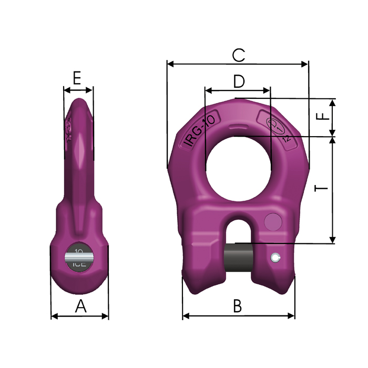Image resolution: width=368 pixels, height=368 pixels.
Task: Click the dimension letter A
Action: pos(80,306)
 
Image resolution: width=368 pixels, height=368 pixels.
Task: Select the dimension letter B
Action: pos(237,306)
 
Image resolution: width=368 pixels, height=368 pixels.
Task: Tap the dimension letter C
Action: pos(238,55)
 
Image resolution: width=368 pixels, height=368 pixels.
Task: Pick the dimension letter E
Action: pos(77,79)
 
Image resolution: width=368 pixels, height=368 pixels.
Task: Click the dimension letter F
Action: pos(324,117)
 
